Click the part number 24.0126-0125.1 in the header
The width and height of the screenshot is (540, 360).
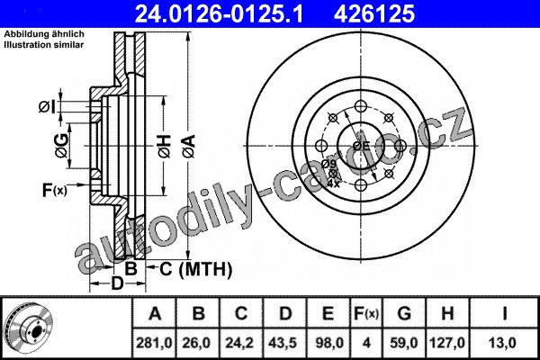[219, 13]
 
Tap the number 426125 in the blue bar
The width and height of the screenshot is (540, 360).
[374, 13]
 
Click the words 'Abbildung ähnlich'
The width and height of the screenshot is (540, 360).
[44, 34]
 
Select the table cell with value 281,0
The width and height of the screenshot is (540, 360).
[154, 343]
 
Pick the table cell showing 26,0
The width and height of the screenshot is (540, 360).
[197, 343]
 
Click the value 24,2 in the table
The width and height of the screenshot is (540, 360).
[240, 343]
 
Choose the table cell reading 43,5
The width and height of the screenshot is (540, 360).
[284, 343]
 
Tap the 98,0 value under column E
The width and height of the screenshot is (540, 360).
[328, 343]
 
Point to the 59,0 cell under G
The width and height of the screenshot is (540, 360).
[404, 343]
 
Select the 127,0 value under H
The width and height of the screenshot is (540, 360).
[447, 343]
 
